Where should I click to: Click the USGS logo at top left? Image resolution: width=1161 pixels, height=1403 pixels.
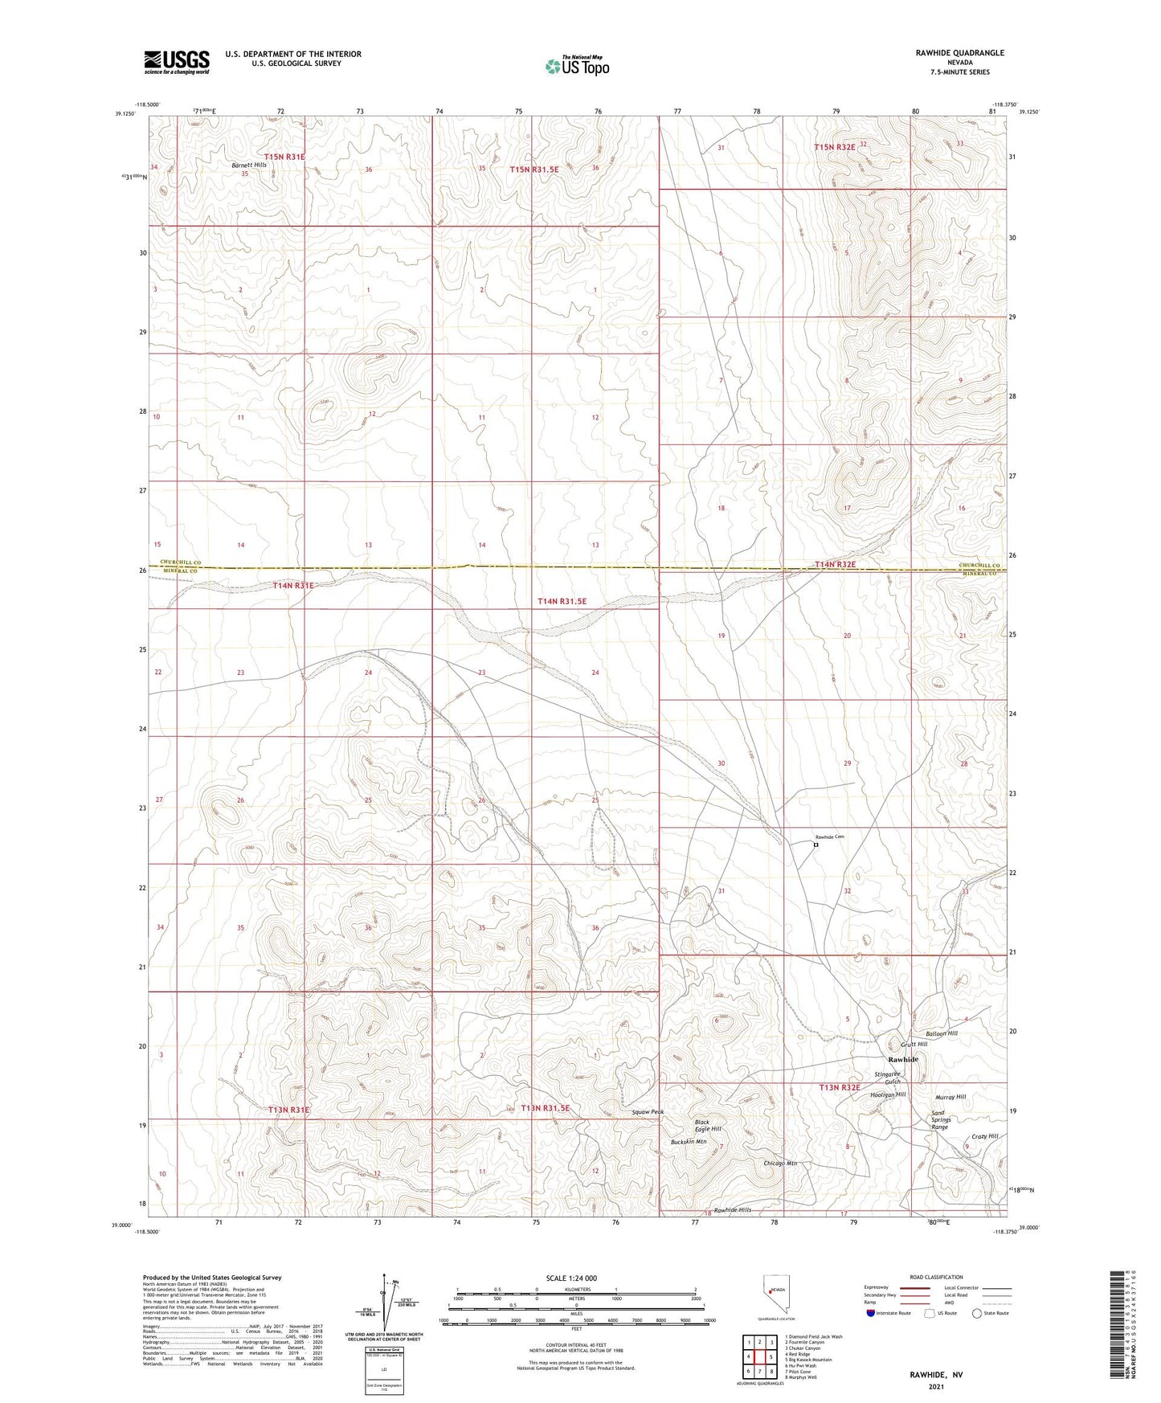coord(177,62)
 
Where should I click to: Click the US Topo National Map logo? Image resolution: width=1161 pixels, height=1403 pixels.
coord(577,65)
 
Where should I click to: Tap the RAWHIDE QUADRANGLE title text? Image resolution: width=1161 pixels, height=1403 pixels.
coord(959,53)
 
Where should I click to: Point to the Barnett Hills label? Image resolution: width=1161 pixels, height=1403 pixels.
coord(248,165)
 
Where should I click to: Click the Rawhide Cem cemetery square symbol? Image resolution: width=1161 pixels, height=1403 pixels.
coord(816,845)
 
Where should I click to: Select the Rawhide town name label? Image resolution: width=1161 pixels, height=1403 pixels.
coord(903,1059)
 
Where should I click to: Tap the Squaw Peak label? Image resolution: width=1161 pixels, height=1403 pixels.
coord(648,1112)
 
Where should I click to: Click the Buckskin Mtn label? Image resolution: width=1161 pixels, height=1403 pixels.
coord(689,1141)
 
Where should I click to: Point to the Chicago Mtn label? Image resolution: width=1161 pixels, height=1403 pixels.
coord(780,1163)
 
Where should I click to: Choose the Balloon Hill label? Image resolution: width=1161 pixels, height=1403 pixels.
coord(942,1033)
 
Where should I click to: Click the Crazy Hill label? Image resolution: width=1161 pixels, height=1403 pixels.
coord(984,1136)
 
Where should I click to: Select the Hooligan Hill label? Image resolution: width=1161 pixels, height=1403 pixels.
coord(888,1094)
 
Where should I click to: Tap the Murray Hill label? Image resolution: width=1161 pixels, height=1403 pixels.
coord(950,1097)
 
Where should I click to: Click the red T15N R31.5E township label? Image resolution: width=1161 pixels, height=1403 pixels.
coord(534,170)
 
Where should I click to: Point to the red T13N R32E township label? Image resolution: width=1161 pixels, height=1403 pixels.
coord(840,1087)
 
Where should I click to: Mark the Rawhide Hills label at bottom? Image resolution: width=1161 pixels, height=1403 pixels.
coord(732,1209)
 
